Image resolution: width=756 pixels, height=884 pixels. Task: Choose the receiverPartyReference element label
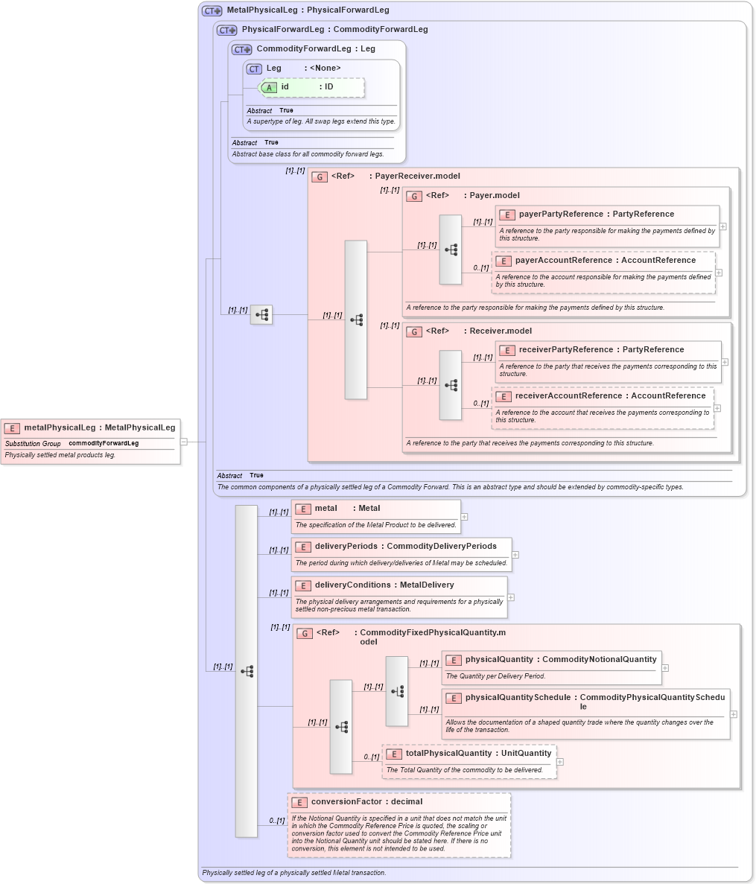[563, 350]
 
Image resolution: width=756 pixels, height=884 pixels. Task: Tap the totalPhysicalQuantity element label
[448, 754]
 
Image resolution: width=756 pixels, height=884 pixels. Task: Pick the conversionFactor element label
[346, 802]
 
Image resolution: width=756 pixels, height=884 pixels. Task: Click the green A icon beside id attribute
[269, 88]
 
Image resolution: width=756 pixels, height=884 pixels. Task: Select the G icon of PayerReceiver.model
[320, 177]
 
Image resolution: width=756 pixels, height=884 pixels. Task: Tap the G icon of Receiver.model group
[414, 332]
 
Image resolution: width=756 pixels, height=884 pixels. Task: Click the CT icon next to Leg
[254, 69]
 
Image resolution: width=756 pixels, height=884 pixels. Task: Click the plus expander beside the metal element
[464, 516]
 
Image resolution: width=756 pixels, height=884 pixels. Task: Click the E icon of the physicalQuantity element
[453, 661]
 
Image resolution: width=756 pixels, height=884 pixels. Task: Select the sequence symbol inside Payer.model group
[451, 250]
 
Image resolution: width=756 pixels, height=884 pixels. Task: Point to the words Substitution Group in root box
[33, 444]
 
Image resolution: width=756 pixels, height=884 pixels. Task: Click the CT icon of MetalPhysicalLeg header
[212, 11]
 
